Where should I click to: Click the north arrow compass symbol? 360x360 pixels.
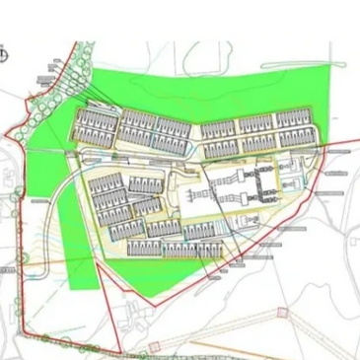point(6,55)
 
